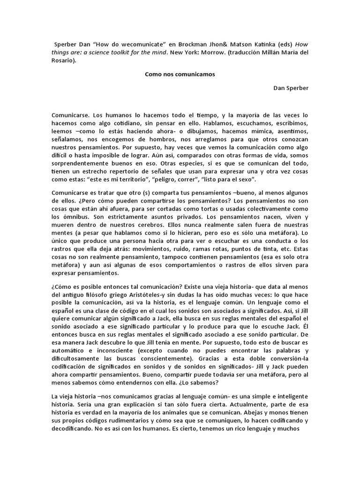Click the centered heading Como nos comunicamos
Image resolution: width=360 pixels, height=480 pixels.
(180, 75)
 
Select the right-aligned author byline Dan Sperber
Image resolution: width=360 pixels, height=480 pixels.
(291, 88)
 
